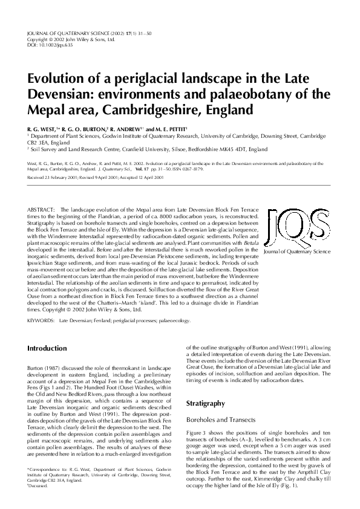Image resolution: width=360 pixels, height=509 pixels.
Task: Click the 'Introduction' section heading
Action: (x=48, y=349)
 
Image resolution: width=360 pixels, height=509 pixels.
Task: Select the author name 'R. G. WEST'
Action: (x=43, y=129)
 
